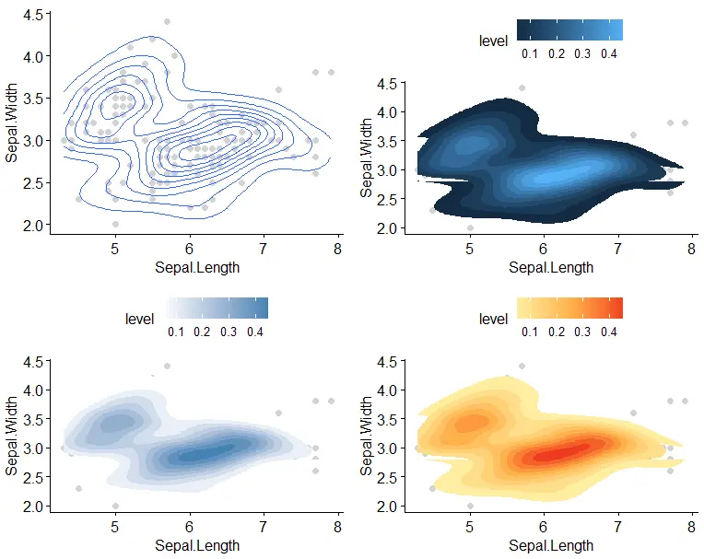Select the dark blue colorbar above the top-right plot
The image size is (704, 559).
tap(569, 30)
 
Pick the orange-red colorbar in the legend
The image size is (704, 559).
tap(569, 308)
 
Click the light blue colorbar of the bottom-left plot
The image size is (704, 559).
tap(217, 308)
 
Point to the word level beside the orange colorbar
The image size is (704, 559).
tap(494, 319)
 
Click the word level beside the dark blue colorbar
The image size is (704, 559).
tap(494, 41)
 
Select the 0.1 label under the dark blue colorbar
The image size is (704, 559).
tap(530, 54)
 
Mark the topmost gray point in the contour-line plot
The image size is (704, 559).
tap(167, 21)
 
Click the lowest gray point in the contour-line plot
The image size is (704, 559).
tap(115, 224)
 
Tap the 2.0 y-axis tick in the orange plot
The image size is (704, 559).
tap(387, 507)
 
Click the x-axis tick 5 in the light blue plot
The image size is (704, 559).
tap(115, 528)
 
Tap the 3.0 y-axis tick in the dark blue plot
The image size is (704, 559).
tap(387, 169)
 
